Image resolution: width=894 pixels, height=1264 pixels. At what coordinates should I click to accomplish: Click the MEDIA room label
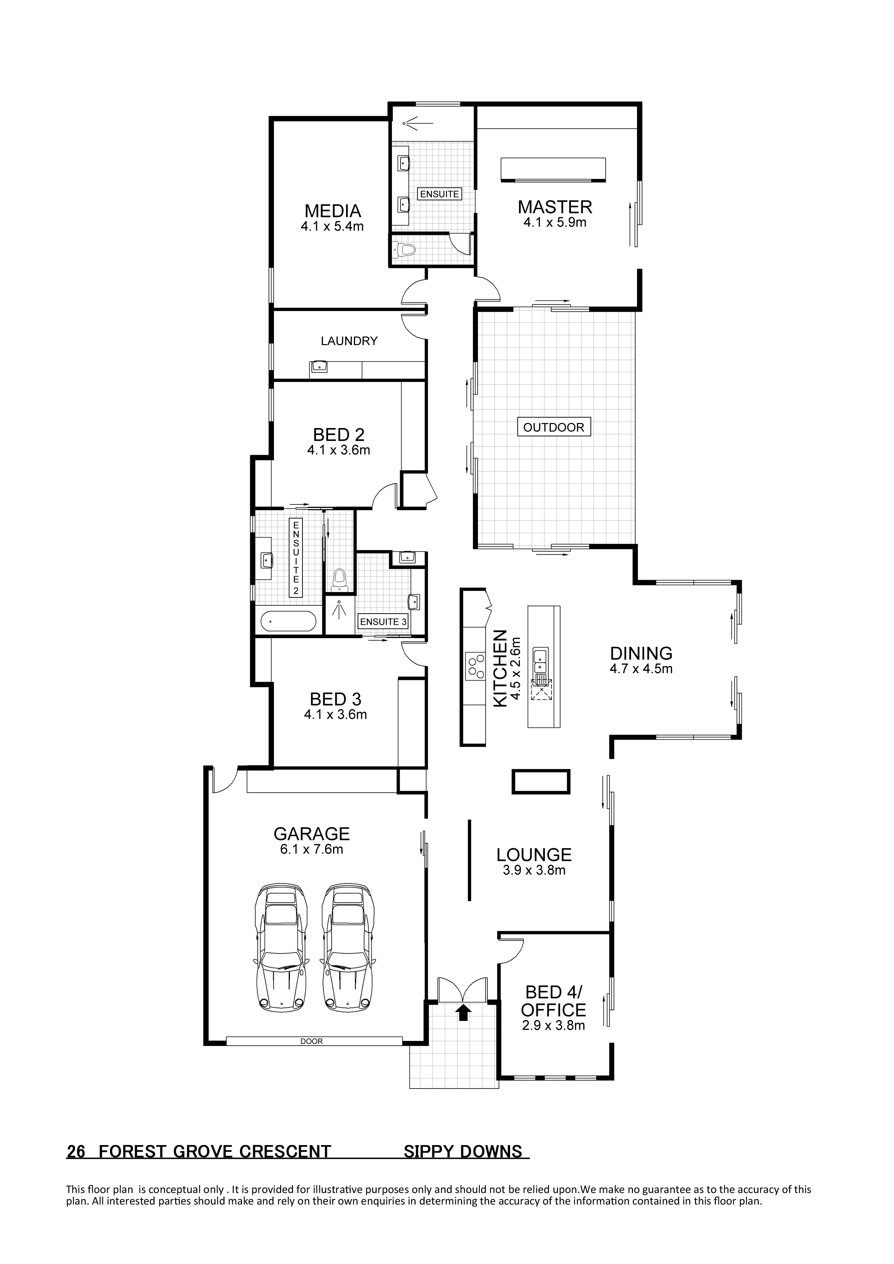(x=333, y=211)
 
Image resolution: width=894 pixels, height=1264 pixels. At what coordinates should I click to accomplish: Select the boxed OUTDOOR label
(x=554, y=427)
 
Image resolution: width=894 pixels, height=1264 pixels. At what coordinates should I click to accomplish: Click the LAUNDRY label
(x=349, y=341)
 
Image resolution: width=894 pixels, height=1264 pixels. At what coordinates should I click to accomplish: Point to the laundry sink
(x=319, y=367)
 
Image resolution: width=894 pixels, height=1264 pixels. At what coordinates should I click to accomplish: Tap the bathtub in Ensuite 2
(x=289, y=622)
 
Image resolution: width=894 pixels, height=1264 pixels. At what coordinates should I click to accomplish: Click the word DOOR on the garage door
(x=312, y=1041)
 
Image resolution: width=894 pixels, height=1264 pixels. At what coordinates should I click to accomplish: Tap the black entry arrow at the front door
(x=464, y=1012)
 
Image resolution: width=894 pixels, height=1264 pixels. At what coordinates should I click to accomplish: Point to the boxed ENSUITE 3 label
(x=383, y=622)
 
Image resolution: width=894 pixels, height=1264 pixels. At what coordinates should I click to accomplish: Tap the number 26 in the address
(x=76, y=1151)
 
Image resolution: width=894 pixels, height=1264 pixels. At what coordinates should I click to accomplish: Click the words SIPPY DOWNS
(x=463, y=1151)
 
